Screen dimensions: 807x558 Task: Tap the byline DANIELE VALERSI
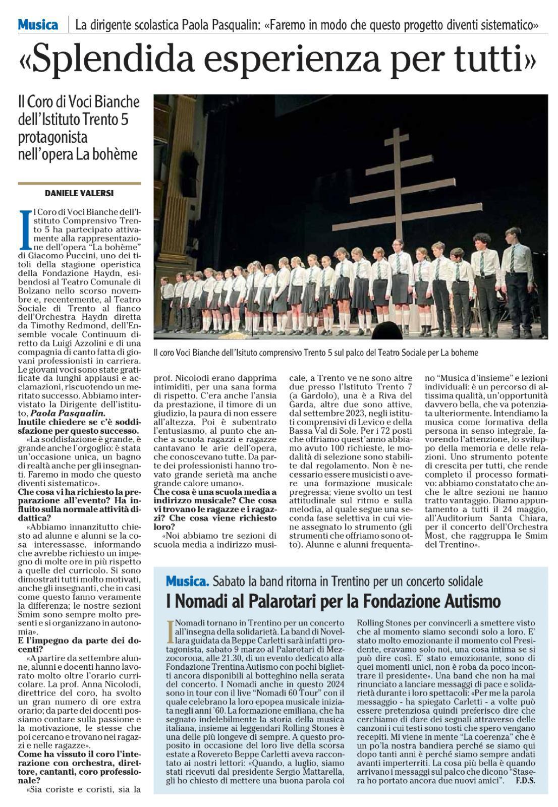pyautogui.click(x=79, y=193)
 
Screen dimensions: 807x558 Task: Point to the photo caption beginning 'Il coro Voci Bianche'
pyautogui.click(x=315, y=353)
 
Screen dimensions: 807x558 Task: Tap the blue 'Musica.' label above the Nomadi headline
pyautogui.click(x=187, y=581)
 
